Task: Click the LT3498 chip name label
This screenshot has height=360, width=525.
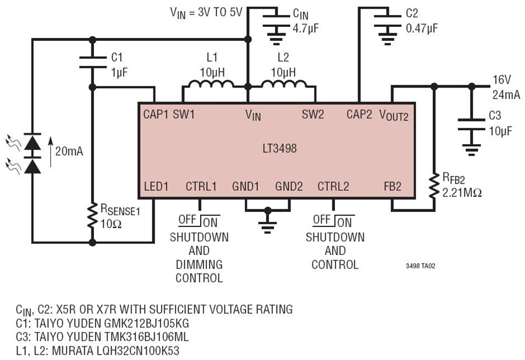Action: [x=279, y=148]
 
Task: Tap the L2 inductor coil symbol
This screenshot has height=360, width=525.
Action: [x=283, y=83]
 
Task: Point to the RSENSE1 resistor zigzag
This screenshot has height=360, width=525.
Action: [x=92, y=216]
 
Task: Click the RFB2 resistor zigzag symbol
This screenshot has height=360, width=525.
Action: [x=434, y=186]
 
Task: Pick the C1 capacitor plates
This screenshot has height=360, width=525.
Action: [x=92, y=62]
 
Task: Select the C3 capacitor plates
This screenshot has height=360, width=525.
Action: [x=471, y=124]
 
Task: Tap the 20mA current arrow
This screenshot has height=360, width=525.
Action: [x=51, y=151]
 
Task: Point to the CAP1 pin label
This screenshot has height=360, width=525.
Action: [x=155, y=114]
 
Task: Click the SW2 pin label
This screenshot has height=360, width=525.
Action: [x=313, y=114]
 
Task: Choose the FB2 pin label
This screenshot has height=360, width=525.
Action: [x=393, y=186]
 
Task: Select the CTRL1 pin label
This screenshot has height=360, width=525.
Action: [x=201, y=186]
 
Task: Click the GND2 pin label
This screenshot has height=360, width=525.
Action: [x=289, y=186]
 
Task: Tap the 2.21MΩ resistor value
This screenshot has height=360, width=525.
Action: [x=462, y=193]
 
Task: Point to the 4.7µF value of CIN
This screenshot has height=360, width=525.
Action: [x=306, y=29]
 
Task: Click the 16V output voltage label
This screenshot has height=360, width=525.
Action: [x=502, y=80]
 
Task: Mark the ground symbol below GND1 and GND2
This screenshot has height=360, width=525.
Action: [x=267, y=228]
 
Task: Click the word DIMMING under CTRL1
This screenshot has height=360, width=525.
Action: [x=199, y=264]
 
